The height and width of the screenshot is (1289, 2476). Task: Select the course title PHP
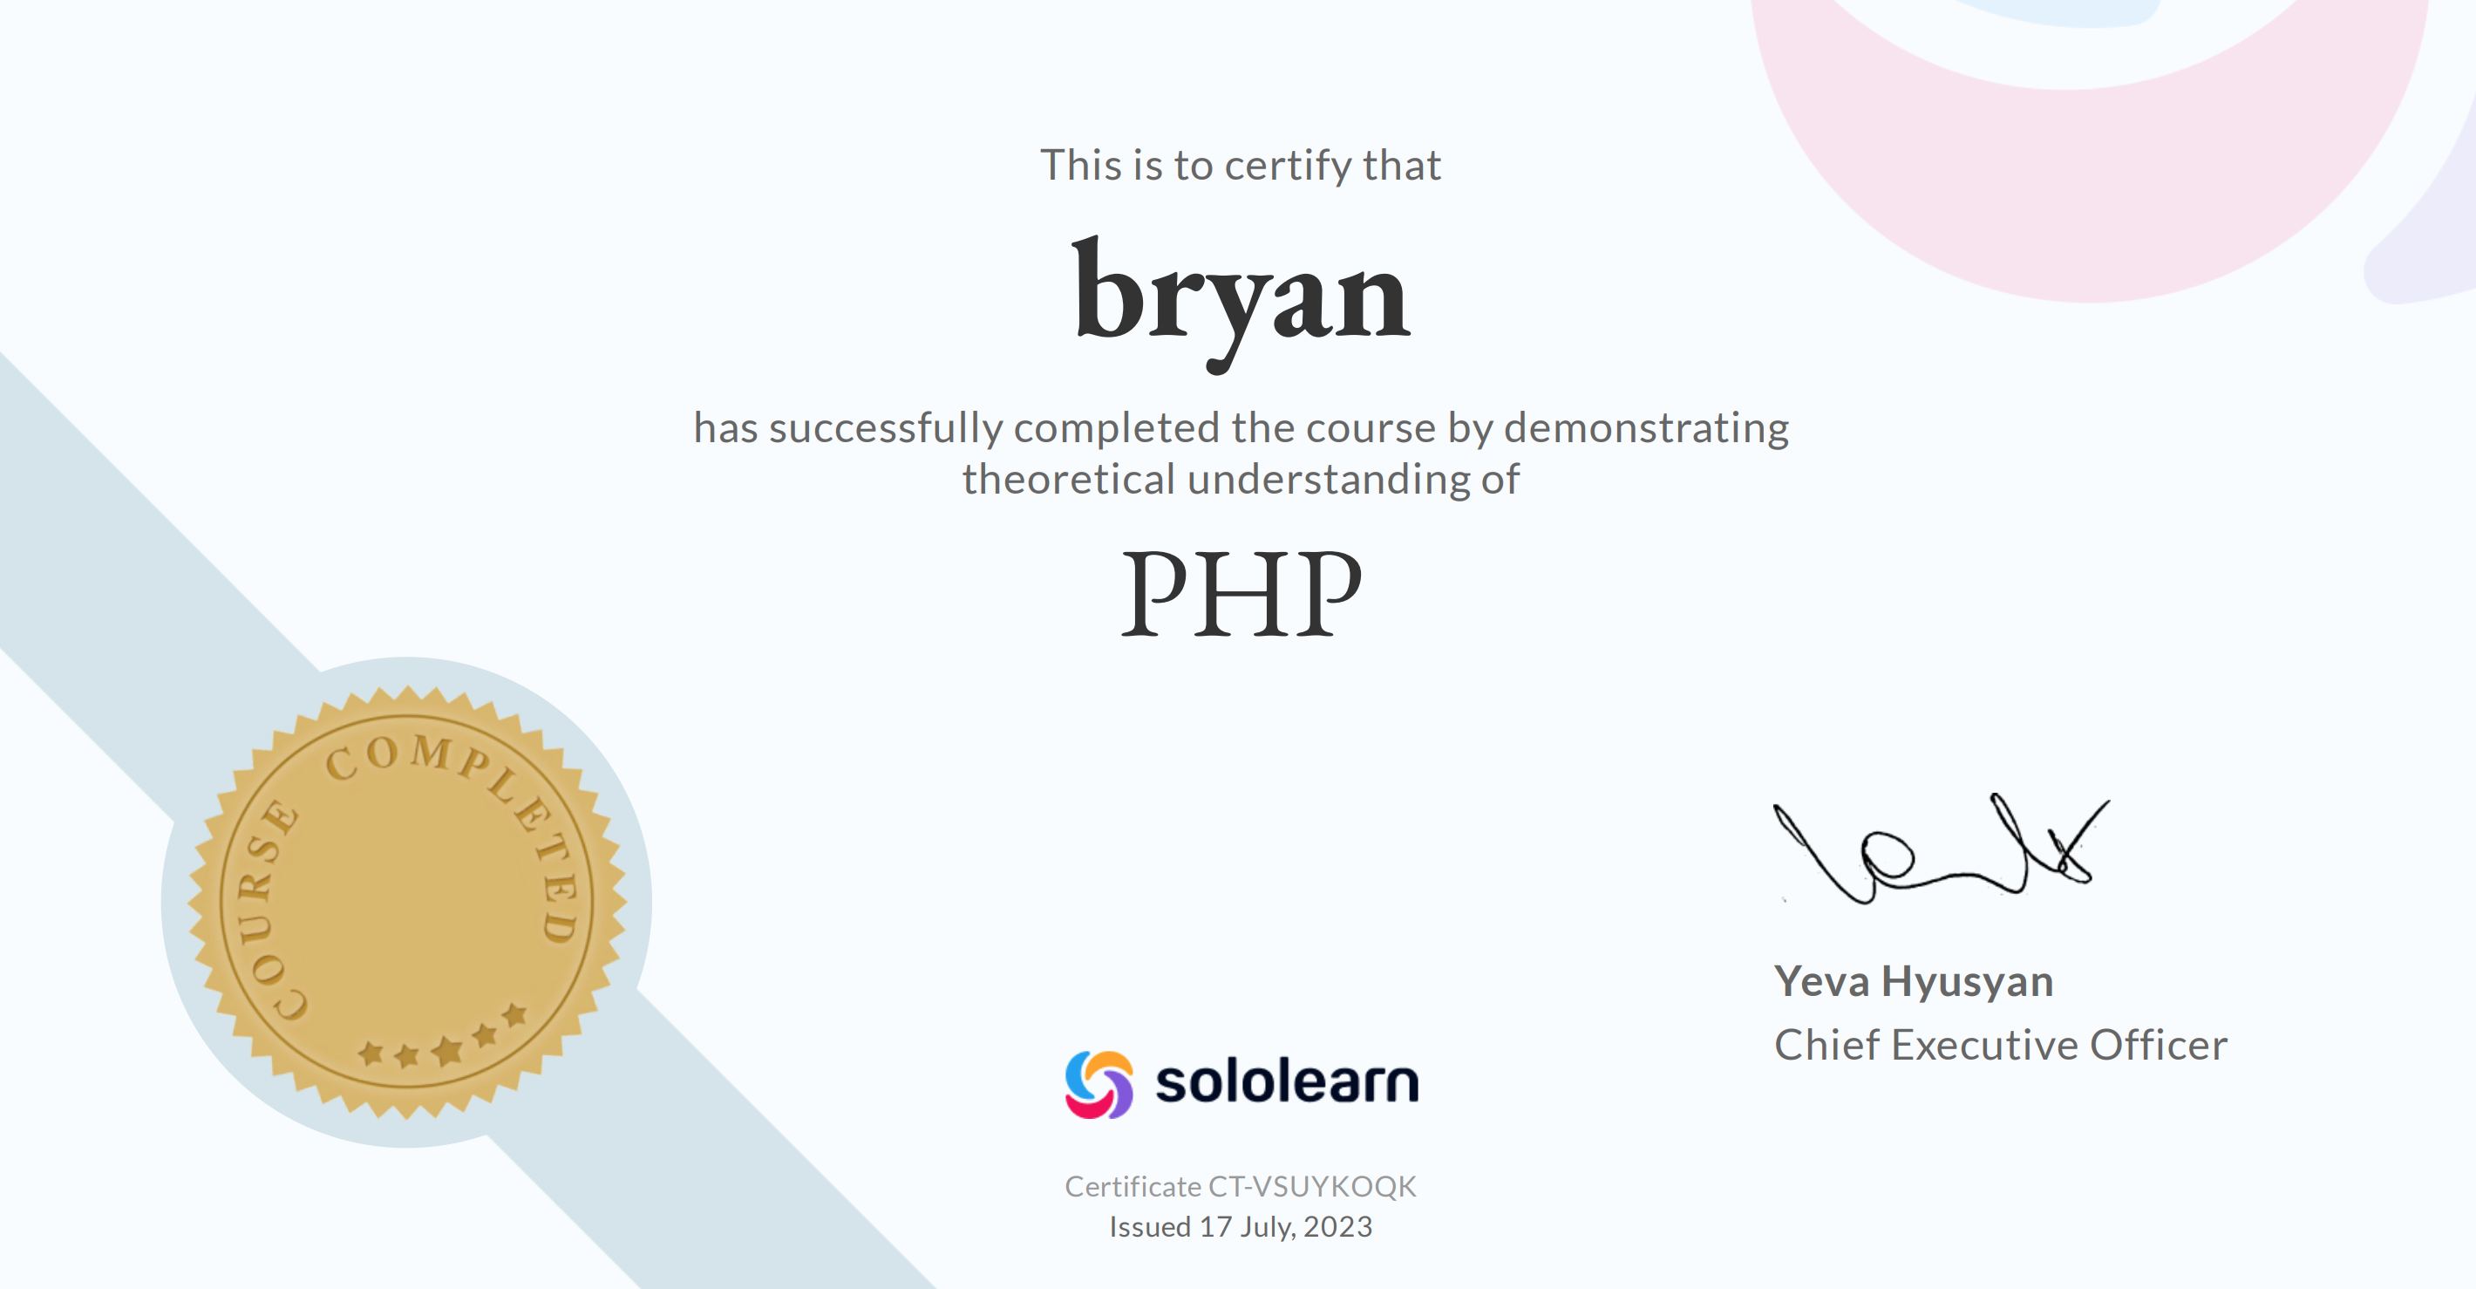pos(1241,593)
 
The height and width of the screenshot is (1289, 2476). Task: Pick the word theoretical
pos(1069,479)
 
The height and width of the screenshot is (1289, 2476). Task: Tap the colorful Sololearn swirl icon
pos(1099,1084)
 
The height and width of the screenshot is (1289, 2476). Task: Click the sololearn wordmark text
pos(1287,1082)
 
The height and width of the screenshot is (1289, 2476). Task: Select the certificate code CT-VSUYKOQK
pos(1312,1187)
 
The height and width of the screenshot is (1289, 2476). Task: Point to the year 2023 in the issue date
pos(1338,1227)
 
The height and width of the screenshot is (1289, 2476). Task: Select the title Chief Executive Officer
pos(2000,1045)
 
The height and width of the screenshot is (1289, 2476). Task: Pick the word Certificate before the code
pos(1133,1187)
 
